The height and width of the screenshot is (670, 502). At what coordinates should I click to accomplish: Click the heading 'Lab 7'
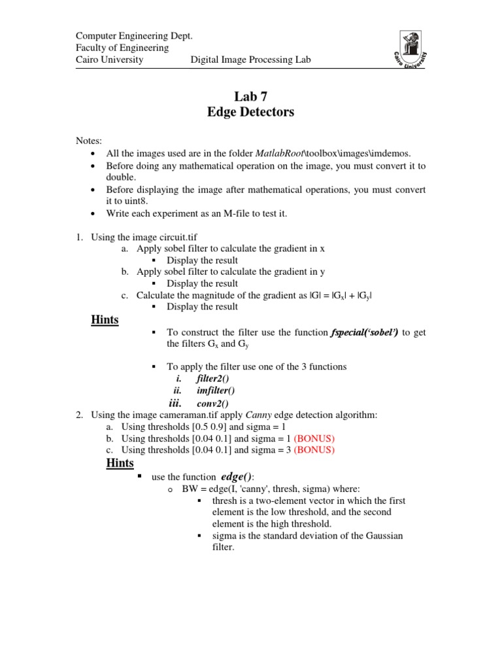coord(250,96)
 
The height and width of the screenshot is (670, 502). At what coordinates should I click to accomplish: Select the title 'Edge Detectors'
coord(250,113)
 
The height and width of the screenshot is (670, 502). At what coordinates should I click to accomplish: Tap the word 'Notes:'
coord(89,141)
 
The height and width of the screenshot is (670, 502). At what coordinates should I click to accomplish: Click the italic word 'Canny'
coord(259,415)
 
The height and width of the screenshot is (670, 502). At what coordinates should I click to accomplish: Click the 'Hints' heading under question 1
coord(104,320)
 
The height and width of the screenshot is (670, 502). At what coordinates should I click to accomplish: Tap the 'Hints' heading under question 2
coord(120,463)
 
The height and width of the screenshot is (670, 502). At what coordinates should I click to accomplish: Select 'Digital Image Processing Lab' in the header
coord(250,60)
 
